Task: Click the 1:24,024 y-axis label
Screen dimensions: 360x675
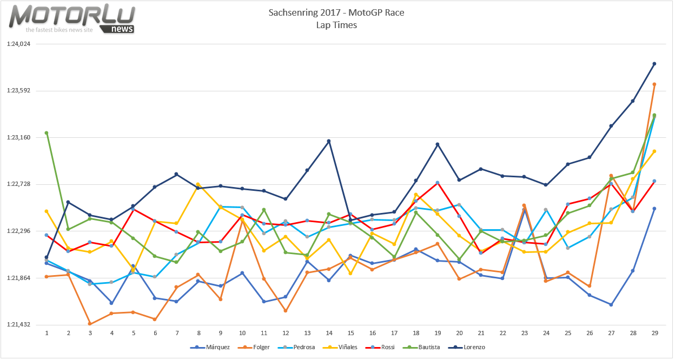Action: coord(18,44)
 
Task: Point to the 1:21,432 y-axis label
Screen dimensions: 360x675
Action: coord(18,325)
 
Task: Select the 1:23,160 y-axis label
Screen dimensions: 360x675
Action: coord(18,137)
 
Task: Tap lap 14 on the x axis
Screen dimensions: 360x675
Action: coord(329,333)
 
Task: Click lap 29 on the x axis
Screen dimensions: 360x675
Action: coord(654,333)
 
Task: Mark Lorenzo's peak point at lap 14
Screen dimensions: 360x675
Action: coord(329,141)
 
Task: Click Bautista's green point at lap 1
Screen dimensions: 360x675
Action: coord(47,133)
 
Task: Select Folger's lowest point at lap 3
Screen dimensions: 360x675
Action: coord(90,324)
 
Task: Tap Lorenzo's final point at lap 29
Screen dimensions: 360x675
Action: coord(654,64)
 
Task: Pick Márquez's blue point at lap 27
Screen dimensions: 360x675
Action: coord(611,305)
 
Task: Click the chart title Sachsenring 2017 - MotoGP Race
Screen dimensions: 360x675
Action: coord(336,12)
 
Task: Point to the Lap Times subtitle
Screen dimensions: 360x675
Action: coord(336,25)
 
